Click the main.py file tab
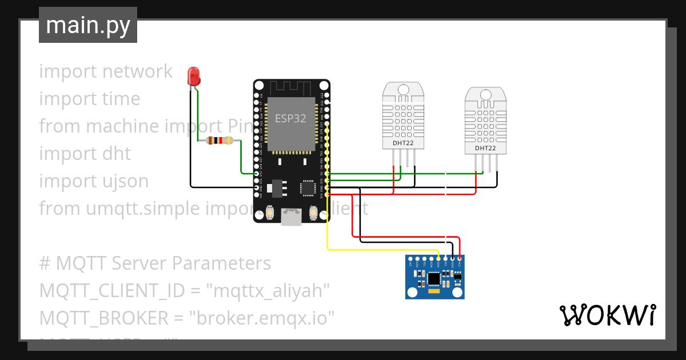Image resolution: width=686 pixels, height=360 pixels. tap(87, 25)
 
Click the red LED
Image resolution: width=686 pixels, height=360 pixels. tap(194, 76)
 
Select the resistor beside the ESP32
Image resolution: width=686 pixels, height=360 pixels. tap(220, 141)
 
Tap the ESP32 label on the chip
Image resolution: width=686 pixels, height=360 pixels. tap(290, 119)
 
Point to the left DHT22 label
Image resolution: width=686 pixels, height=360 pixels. tap(403, 143)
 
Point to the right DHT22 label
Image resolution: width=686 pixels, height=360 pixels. tap(485, 149)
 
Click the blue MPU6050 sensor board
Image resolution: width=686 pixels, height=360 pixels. tap(435, 277)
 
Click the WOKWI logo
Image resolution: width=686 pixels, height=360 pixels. tap(607, 315)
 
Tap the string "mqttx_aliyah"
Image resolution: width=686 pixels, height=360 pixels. tap(272, 291)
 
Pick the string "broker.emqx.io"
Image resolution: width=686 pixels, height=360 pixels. tap(265, 318)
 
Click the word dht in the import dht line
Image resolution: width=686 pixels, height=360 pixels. tap(117, 154)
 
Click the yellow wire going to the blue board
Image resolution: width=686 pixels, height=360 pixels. tap(377, 249)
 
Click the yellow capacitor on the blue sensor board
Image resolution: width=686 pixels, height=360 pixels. tap(433, 291)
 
